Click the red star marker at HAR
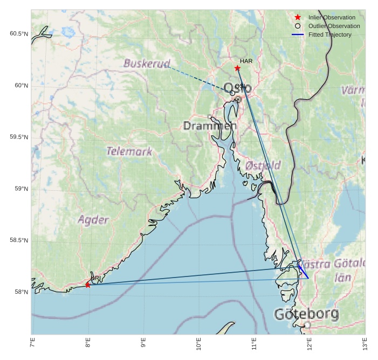[237, 68]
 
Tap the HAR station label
[246, 61]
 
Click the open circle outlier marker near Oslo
[232, 93]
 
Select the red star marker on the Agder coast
[88, 285]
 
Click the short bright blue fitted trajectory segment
[303, 272]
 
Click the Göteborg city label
[306, 314]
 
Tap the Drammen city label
[210, 126]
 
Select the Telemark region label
[129, 151]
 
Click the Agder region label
[93, 220]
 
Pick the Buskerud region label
[147, 64]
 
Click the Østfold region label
[263, 165]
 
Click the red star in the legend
[298, 17]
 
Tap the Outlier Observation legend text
[334, 26]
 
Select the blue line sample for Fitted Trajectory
[298, 34]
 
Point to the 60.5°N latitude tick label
[18, 34]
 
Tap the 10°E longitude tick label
[199, 343]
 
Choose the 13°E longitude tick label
[365, 343]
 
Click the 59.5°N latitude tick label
[18, 137]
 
